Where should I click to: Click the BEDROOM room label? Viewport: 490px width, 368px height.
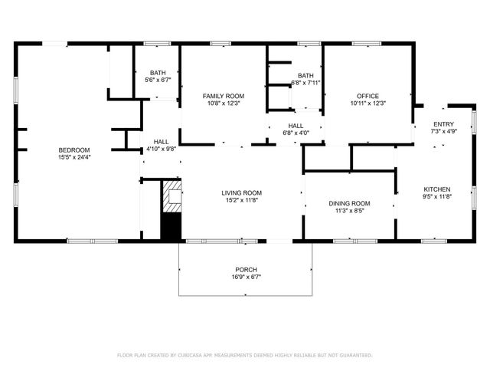point(74,149)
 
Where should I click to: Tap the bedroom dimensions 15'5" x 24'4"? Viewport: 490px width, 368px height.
point(74,157)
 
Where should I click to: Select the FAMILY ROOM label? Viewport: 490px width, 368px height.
point(223,96)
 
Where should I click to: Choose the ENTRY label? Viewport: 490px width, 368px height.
point(443,124)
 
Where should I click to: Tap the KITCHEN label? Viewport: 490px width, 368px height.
point(437,189)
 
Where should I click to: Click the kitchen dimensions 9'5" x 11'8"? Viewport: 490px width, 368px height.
point(437,197)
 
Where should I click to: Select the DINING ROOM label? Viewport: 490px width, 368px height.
point(349,203)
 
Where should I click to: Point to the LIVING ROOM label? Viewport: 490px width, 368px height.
point(242,193)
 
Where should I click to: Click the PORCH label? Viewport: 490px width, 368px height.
point(246,270)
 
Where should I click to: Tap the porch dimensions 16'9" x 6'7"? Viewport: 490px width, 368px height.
point(246,278)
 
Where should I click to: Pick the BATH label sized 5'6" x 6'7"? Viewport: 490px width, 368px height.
point(157,72)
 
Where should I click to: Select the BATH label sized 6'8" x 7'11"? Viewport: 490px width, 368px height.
point(305,75)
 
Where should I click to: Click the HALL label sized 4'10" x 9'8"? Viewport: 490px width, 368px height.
point(161,142)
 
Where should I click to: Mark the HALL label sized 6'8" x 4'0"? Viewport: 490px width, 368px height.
point(296,125)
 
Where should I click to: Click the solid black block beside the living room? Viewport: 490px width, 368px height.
point(171,226)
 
